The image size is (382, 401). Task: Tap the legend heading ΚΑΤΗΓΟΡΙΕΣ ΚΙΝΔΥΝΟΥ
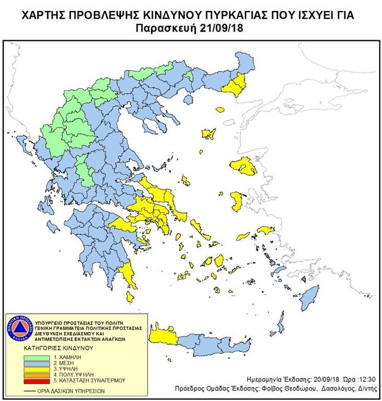57,347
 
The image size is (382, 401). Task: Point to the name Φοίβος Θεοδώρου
299,389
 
